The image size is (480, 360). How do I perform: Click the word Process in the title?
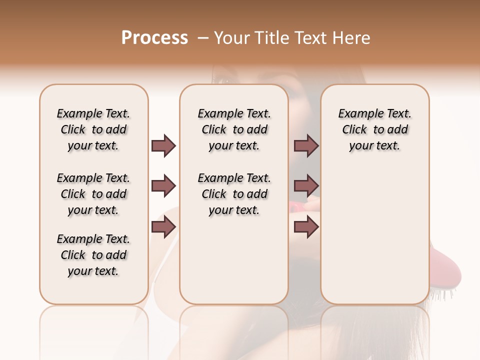[x=154, y=38]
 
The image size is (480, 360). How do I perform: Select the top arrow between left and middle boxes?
[x=163, y=145]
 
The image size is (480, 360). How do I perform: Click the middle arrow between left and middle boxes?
[x=163, y=186]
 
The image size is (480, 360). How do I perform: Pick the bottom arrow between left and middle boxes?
[x=163, y=227]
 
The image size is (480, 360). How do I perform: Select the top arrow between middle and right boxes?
[x=306, y=145]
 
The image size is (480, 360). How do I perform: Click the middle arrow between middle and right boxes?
[x=306, y=186]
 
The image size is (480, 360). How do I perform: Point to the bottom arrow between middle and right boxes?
[x=306, y=227]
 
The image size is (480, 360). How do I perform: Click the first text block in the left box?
[x=93, y=129]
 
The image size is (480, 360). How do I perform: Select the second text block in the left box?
[x=93, y=194]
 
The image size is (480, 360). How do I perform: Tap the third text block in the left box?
[x=93, y=255]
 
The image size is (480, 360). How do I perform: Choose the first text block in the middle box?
[x=234, y=129]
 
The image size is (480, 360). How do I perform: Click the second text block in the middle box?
[x=234, y=194]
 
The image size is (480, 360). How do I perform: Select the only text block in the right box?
[x=374, y=129]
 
